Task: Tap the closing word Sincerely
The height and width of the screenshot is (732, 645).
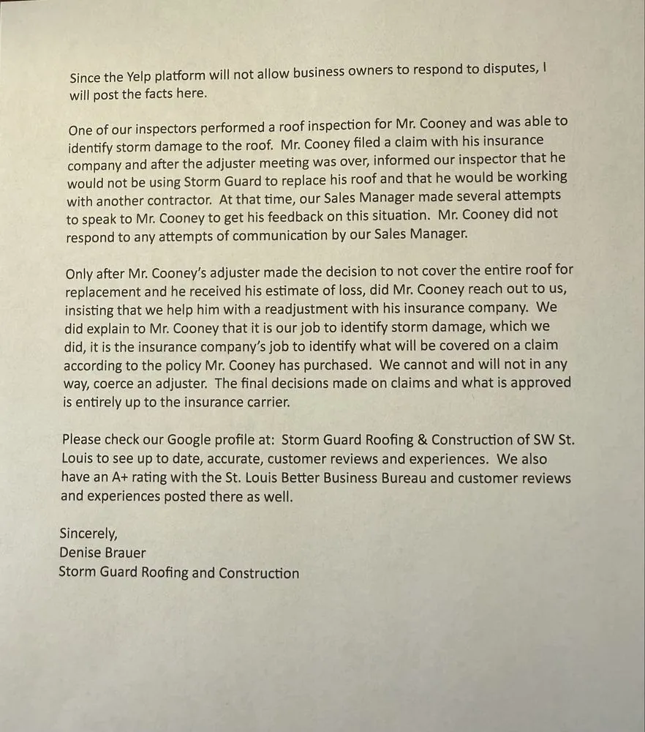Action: (88, 534)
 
